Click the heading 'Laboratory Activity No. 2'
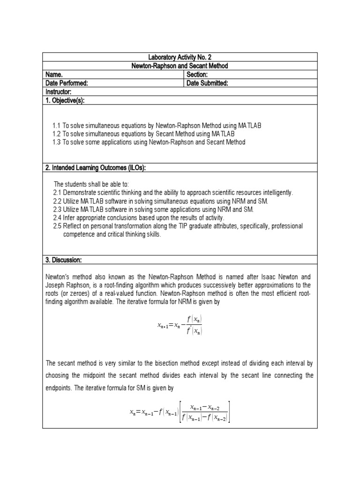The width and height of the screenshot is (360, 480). click(x=180, y=57)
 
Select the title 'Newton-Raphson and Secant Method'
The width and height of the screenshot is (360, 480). click(x=180, y=66)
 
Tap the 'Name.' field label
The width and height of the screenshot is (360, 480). click(x=54, y=75)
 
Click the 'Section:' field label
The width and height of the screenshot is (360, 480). click(x=197, y=75)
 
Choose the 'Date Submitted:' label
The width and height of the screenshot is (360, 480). click(x=207, y=83)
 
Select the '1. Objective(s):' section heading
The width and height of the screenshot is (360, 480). click(x=65, y=100)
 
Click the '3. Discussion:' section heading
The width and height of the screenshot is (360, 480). click(x=63, y=260)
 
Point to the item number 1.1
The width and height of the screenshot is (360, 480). click(x=57, y=126)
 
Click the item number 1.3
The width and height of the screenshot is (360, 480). click(x=57, y=142)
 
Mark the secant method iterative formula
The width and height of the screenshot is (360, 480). click(x=180, y=412)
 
